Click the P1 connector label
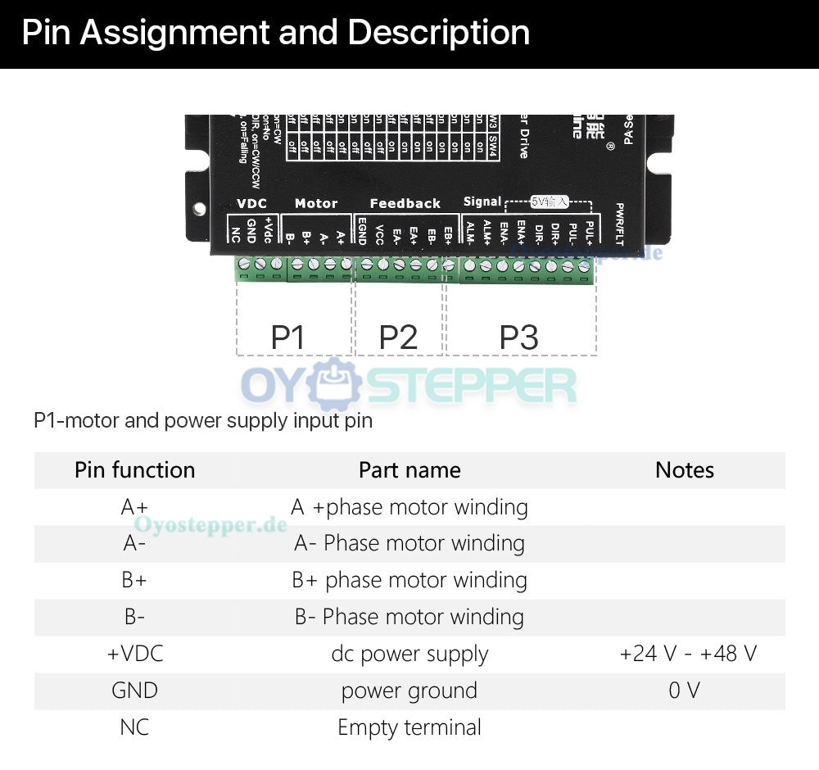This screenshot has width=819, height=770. click(287, 337)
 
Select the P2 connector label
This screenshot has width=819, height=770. click(398, 337)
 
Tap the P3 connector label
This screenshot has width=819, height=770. click(519, 337)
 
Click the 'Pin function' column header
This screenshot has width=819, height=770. click(134, 470)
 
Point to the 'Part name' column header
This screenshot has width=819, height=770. click(409, 470)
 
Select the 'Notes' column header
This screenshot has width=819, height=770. click(685, 470)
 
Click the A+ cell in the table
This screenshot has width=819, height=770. click(134, 507)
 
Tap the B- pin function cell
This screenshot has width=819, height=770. click(134, 617)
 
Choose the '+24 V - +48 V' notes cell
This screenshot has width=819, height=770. click(688, 654)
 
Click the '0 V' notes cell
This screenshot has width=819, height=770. click(685, 691)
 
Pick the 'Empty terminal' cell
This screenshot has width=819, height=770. click(409, 727)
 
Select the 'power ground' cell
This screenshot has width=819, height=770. click(409, 691)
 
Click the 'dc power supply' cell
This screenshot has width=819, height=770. click(409, 654)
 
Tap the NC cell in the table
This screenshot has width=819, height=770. click(134, 727)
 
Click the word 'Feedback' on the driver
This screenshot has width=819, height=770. click(405, 203)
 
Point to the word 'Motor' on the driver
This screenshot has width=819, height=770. click(316, 203)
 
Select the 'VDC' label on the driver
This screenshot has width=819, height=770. click(251, 203)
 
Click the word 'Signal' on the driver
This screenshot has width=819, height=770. click(482, 202)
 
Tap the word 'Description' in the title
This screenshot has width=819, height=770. click(439, 33)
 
